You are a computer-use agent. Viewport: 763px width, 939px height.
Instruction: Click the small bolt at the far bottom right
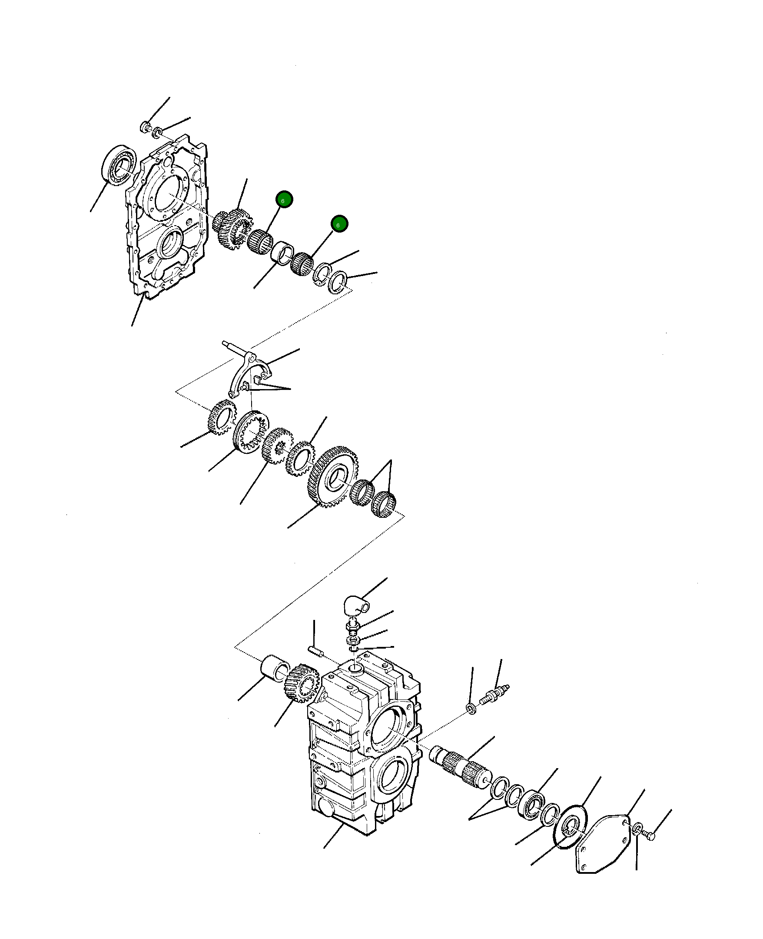649,834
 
